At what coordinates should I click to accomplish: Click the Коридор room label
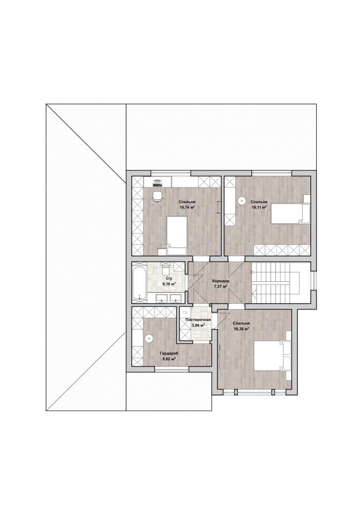click(220, 281)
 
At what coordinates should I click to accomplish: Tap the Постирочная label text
click(198, 320)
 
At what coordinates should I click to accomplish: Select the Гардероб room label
click(169, 354)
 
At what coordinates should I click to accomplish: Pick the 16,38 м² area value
click(241, 329)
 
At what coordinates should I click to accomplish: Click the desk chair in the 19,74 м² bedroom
click(157, 196)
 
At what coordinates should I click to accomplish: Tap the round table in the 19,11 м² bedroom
click(242, 201)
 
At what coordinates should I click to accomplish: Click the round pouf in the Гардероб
click(149, 338)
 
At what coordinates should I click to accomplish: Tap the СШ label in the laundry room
click(185, 312)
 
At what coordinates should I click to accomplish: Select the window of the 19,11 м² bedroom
click(272, 173)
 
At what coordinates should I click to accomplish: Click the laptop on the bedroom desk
click(157, 182)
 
